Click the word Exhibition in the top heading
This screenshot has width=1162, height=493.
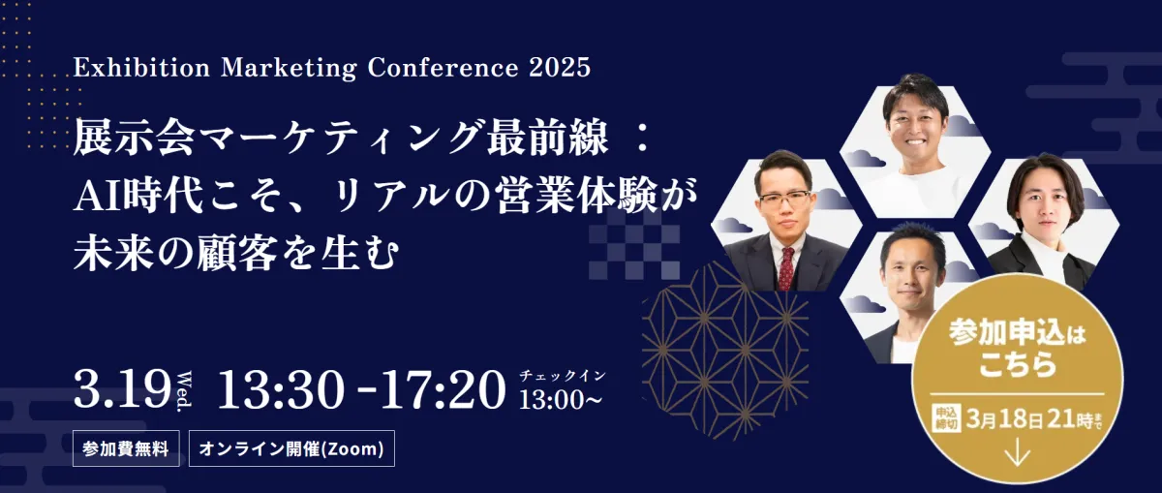pos(141,68)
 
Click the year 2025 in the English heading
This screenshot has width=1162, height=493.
pos(561,68)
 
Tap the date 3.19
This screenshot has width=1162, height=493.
pos(122,388)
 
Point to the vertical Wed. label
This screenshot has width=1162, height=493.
pos(184,392)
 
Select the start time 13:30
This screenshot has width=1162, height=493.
pos(281,388)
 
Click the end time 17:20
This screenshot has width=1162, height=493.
pos(443,388)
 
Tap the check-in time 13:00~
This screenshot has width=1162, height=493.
pos(561,400)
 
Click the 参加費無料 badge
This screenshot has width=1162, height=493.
pos(126,448)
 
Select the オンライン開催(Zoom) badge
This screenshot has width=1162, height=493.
pos(291,448)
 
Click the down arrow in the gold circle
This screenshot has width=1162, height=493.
pos(1018,452)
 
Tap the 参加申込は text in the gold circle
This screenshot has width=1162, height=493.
pos(1018,333)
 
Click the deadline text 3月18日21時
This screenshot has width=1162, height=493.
pos(1029,419)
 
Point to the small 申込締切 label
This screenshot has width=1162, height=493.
pos(946,419)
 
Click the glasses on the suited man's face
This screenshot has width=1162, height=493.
pos(785,199)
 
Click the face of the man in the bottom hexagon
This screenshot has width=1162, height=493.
pos(911,280)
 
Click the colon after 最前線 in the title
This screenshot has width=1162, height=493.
pos(643,139)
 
